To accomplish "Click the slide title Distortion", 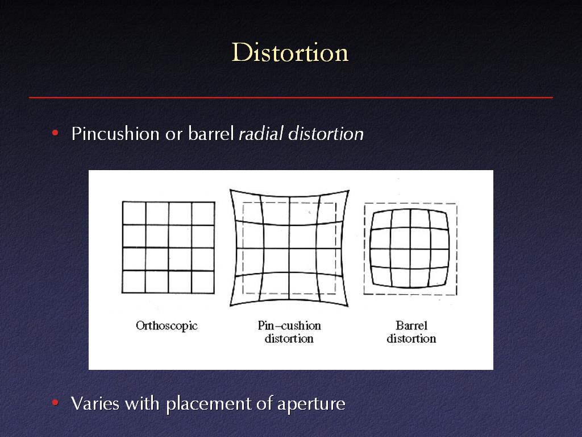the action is tap(290, 52).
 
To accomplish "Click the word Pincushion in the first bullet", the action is tap(115, 133).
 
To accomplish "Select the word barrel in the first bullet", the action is tap(211, 133).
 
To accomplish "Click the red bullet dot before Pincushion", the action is tap(55, 133).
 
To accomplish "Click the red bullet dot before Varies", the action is tap(55, 402).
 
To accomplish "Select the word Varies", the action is tap(95, 403).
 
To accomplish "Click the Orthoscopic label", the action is tap(167, 326).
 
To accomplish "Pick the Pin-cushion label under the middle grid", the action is tap(289, 325).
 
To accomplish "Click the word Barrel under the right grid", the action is tap(411, 325).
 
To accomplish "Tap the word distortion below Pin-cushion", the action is tap(289, 339).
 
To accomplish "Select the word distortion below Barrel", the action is tap(411, 339).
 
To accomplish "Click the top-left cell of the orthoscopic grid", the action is tap(134, 213).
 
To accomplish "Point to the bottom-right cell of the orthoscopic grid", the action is tap(203, 282).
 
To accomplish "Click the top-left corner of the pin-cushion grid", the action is tap(230, 190).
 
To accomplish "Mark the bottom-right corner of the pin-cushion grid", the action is tap(348, 306).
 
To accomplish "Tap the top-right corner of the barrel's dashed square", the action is tap(456, 204).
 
